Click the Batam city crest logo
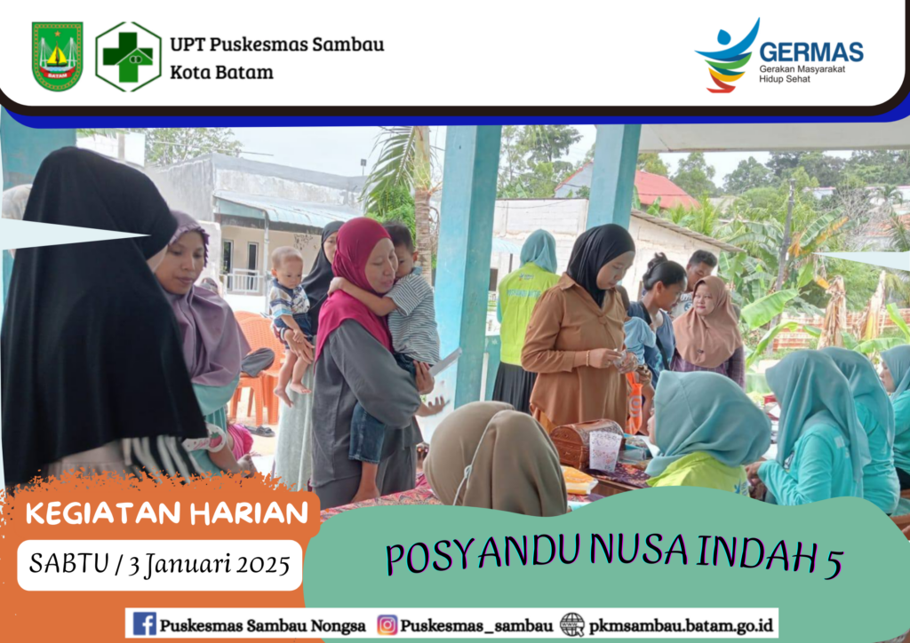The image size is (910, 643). (57, 56)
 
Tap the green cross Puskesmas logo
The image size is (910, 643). (128, 57)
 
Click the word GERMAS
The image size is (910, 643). (810, 52)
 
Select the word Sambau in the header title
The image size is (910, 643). (348, 44)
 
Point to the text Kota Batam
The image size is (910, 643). (221, 73)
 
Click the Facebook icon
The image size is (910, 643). (144, 623)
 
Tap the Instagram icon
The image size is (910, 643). (387, 624)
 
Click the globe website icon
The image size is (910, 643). (572, 624)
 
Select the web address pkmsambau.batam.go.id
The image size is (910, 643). (681, 625)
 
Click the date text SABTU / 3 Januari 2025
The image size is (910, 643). (160, 564)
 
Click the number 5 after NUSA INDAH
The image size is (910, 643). (833, 562)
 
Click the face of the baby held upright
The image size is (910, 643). (288, 266)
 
